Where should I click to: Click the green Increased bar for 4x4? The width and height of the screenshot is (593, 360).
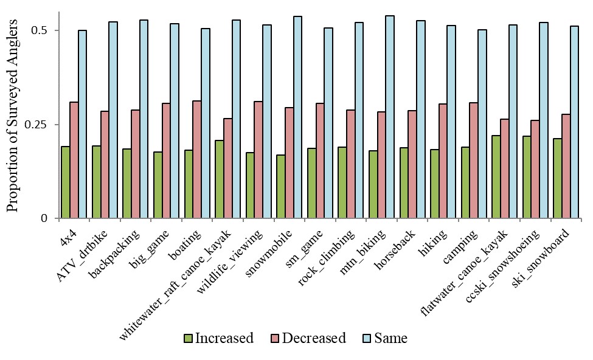[65, 182]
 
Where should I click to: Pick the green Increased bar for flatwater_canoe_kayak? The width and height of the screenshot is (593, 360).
[496, 176]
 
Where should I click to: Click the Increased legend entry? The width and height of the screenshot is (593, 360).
[218, 338]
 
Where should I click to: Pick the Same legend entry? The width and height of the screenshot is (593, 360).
[384, 338]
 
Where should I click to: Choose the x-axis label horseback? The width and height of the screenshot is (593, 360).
[397, 249]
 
